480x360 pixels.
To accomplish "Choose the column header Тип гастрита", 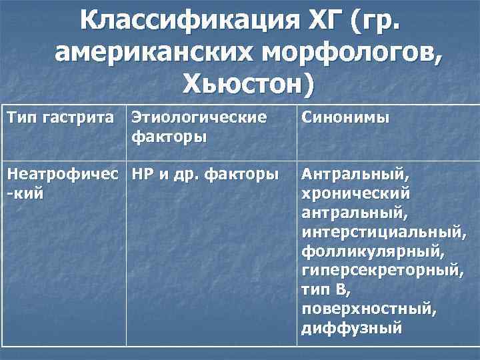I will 60,117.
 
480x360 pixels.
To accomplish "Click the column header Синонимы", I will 345,117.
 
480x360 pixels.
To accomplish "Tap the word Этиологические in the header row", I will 199,117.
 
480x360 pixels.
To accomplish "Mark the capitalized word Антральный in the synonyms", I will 353,175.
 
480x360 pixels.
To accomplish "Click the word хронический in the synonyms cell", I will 355,194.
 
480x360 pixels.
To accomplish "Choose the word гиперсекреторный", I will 382,271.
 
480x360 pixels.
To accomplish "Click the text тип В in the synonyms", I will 325,291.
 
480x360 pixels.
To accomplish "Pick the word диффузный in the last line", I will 351,329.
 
